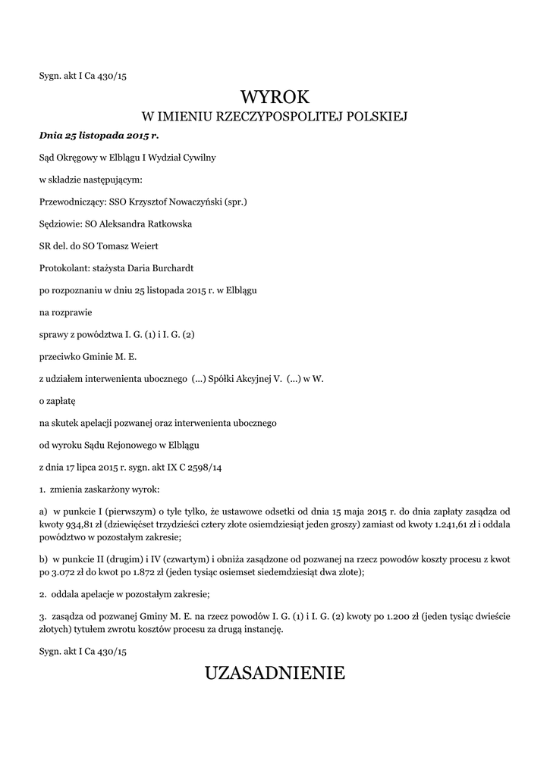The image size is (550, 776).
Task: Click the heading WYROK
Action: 275,96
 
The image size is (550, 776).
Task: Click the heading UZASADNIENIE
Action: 275,672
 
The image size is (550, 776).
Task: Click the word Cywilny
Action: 196,158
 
